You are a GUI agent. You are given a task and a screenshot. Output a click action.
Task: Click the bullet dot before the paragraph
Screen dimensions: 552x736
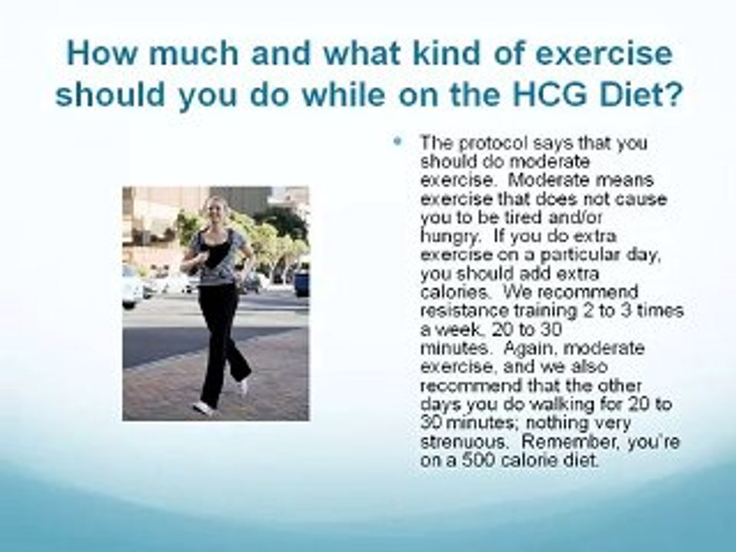(398, 143)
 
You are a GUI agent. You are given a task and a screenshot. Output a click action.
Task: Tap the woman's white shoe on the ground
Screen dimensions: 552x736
(203, 407)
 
